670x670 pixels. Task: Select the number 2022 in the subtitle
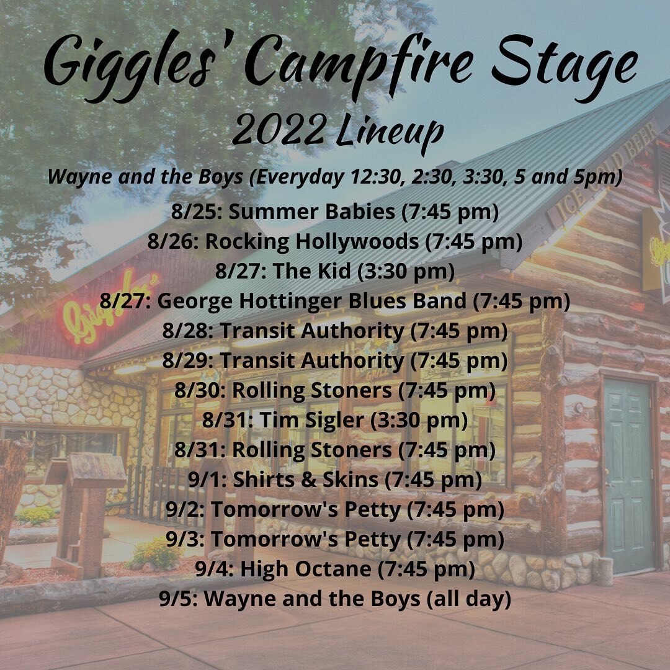click(277, 131)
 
